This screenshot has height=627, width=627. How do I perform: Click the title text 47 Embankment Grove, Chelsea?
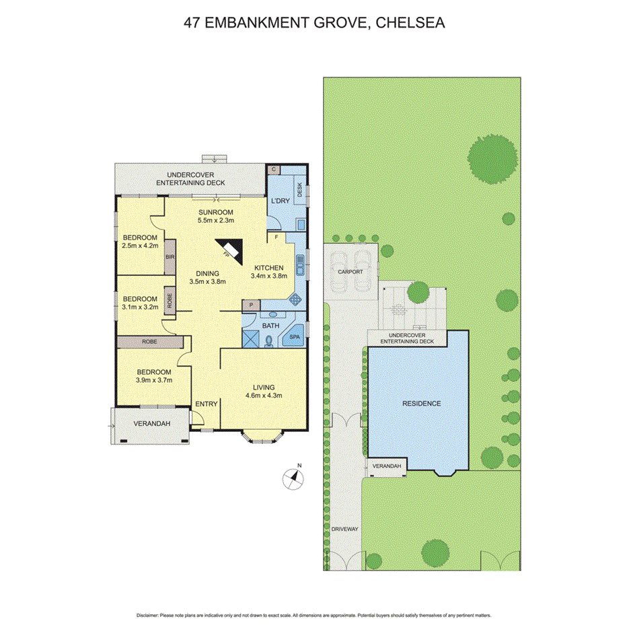pos(314,23)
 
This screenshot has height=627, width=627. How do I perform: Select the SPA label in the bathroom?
pos(294,336)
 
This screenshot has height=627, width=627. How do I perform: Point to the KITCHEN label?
pos(268,267)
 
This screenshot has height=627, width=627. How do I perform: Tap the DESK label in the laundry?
pos(299,190)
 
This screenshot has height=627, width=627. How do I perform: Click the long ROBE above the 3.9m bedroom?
pos(149,342)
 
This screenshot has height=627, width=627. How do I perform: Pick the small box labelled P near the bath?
pos(251,305)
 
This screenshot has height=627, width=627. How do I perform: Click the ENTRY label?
pos(206,404)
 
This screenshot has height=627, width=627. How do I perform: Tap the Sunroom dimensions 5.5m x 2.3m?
pos(215,219)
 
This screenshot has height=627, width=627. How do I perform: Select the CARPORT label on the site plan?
pos(350,272)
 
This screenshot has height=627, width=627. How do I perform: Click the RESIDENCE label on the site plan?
pos(421,404)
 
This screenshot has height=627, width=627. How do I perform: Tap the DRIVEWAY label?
pos(344,529)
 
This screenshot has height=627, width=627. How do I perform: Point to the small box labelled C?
pos(273,170)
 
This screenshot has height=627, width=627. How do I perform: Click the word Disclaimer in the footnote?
pos(146,615)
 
